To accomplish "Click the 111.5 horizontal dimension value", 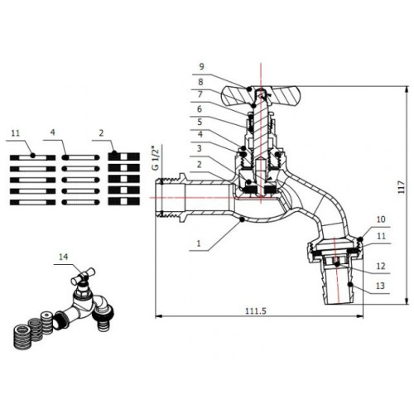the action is coord(256,311).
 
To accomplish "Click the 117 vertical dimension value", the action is coord(402,187).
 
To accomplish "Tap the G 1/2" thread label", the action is coord(156,158).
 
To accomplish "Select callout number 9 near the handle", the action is coord(201,66).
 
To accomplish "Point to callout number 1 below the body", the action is coord(199,243).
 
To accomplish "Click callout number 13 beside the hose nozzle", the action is coord(380,286).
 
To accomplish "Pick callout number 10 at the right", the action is coord(381,219).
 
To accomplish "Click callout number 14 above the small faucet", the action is coord(63,257).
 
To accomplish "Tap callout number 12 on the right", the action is coord(381,266).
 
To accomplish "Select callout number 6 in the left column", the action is coord(200,109).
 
